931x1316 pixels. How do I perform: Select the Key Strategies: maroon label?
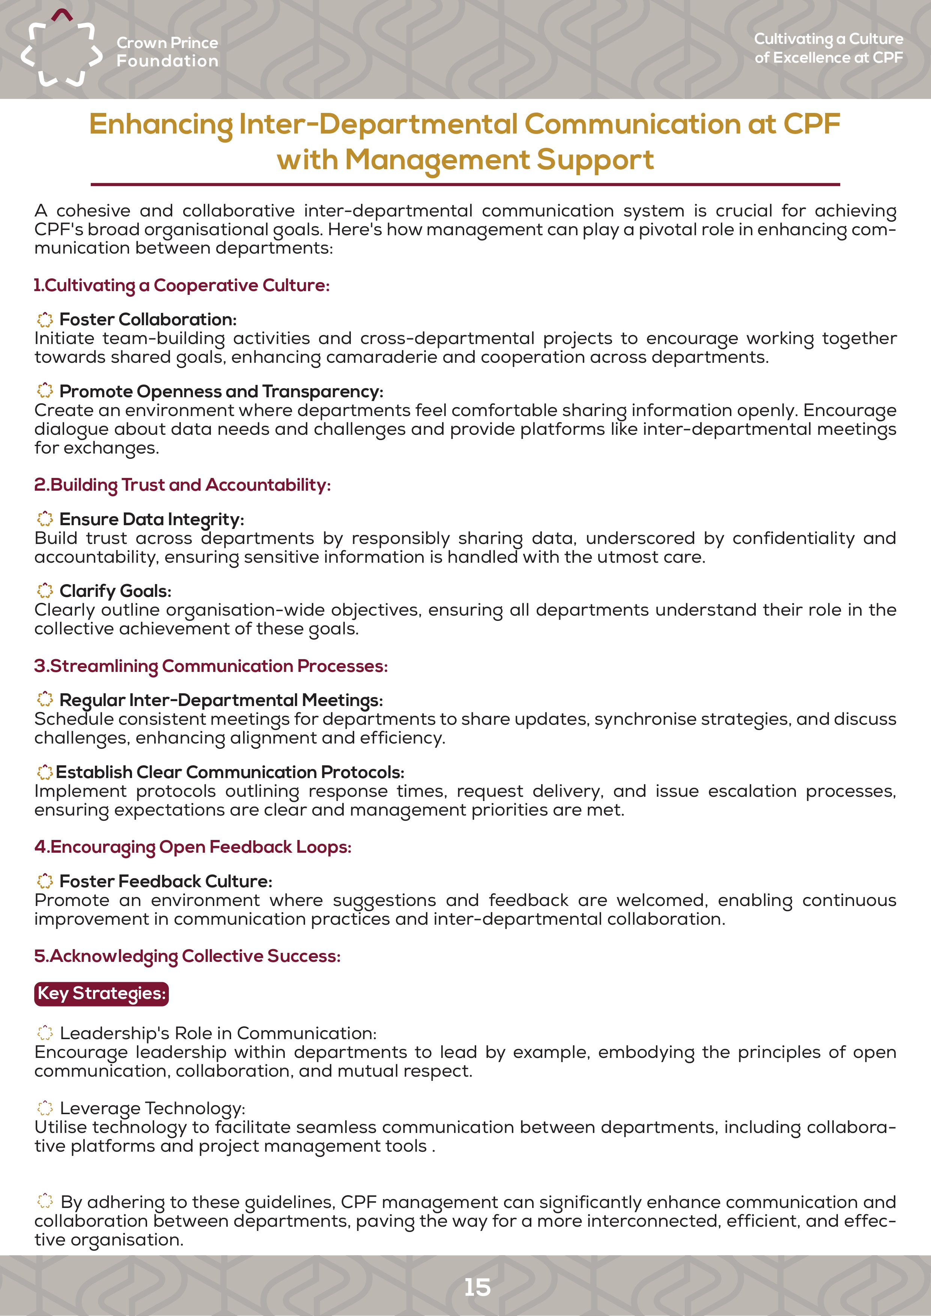[101, 993]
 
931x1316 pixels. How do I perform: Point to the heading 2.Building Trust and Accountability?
[182, 485]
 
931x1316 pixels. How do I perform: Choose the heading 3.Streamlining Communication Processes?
[211, 666]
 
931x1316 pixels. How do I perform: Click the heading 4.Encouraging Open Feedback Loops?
[193, 847]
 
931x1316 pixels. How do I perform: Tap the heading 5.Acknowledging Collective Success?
[188, 956]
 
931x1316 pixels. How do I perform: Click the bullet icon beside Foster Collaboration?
[45, 319]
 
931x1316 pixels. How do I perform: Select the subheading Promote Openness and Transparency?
[221, 392]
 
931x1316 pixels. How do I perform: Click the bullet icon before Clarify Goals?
[45, 590]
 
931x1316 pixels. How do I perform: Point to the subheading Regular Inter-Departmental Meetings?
[221, 700]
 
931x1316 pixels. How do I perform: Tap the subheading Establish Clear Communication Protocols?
[230, 772]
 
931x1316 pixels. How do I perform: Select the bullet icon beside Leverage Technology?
[45, 1107]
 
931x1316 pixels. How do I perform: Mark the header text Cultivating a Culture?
[829, 39]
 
